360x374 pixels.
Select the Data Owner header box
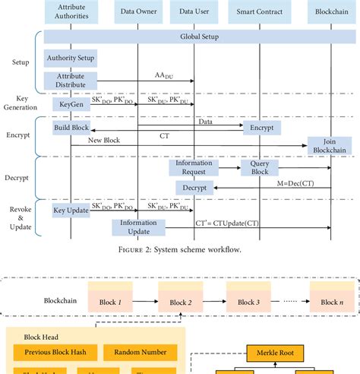coord(137,11)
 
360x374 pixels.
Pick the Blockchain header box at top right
coord(330,11)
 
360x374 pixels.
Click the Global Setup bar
coord(198,36)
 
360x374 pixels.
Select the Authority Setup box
coord(71,58)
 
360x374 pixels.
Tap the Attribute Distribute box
coord(71,81)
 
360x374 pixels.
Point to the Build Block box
coord(71,128)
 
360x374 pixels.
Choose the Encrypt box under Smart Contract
coord(261,128)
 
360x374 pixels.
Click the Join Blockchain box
coord(330,145)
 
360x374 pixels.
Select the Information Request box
coord(193,168)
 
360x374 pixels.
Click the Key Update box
coord(71,209)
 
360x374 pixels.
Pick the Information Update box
coord(139,227)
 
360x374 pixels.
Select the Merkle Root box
coord(273,353)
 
